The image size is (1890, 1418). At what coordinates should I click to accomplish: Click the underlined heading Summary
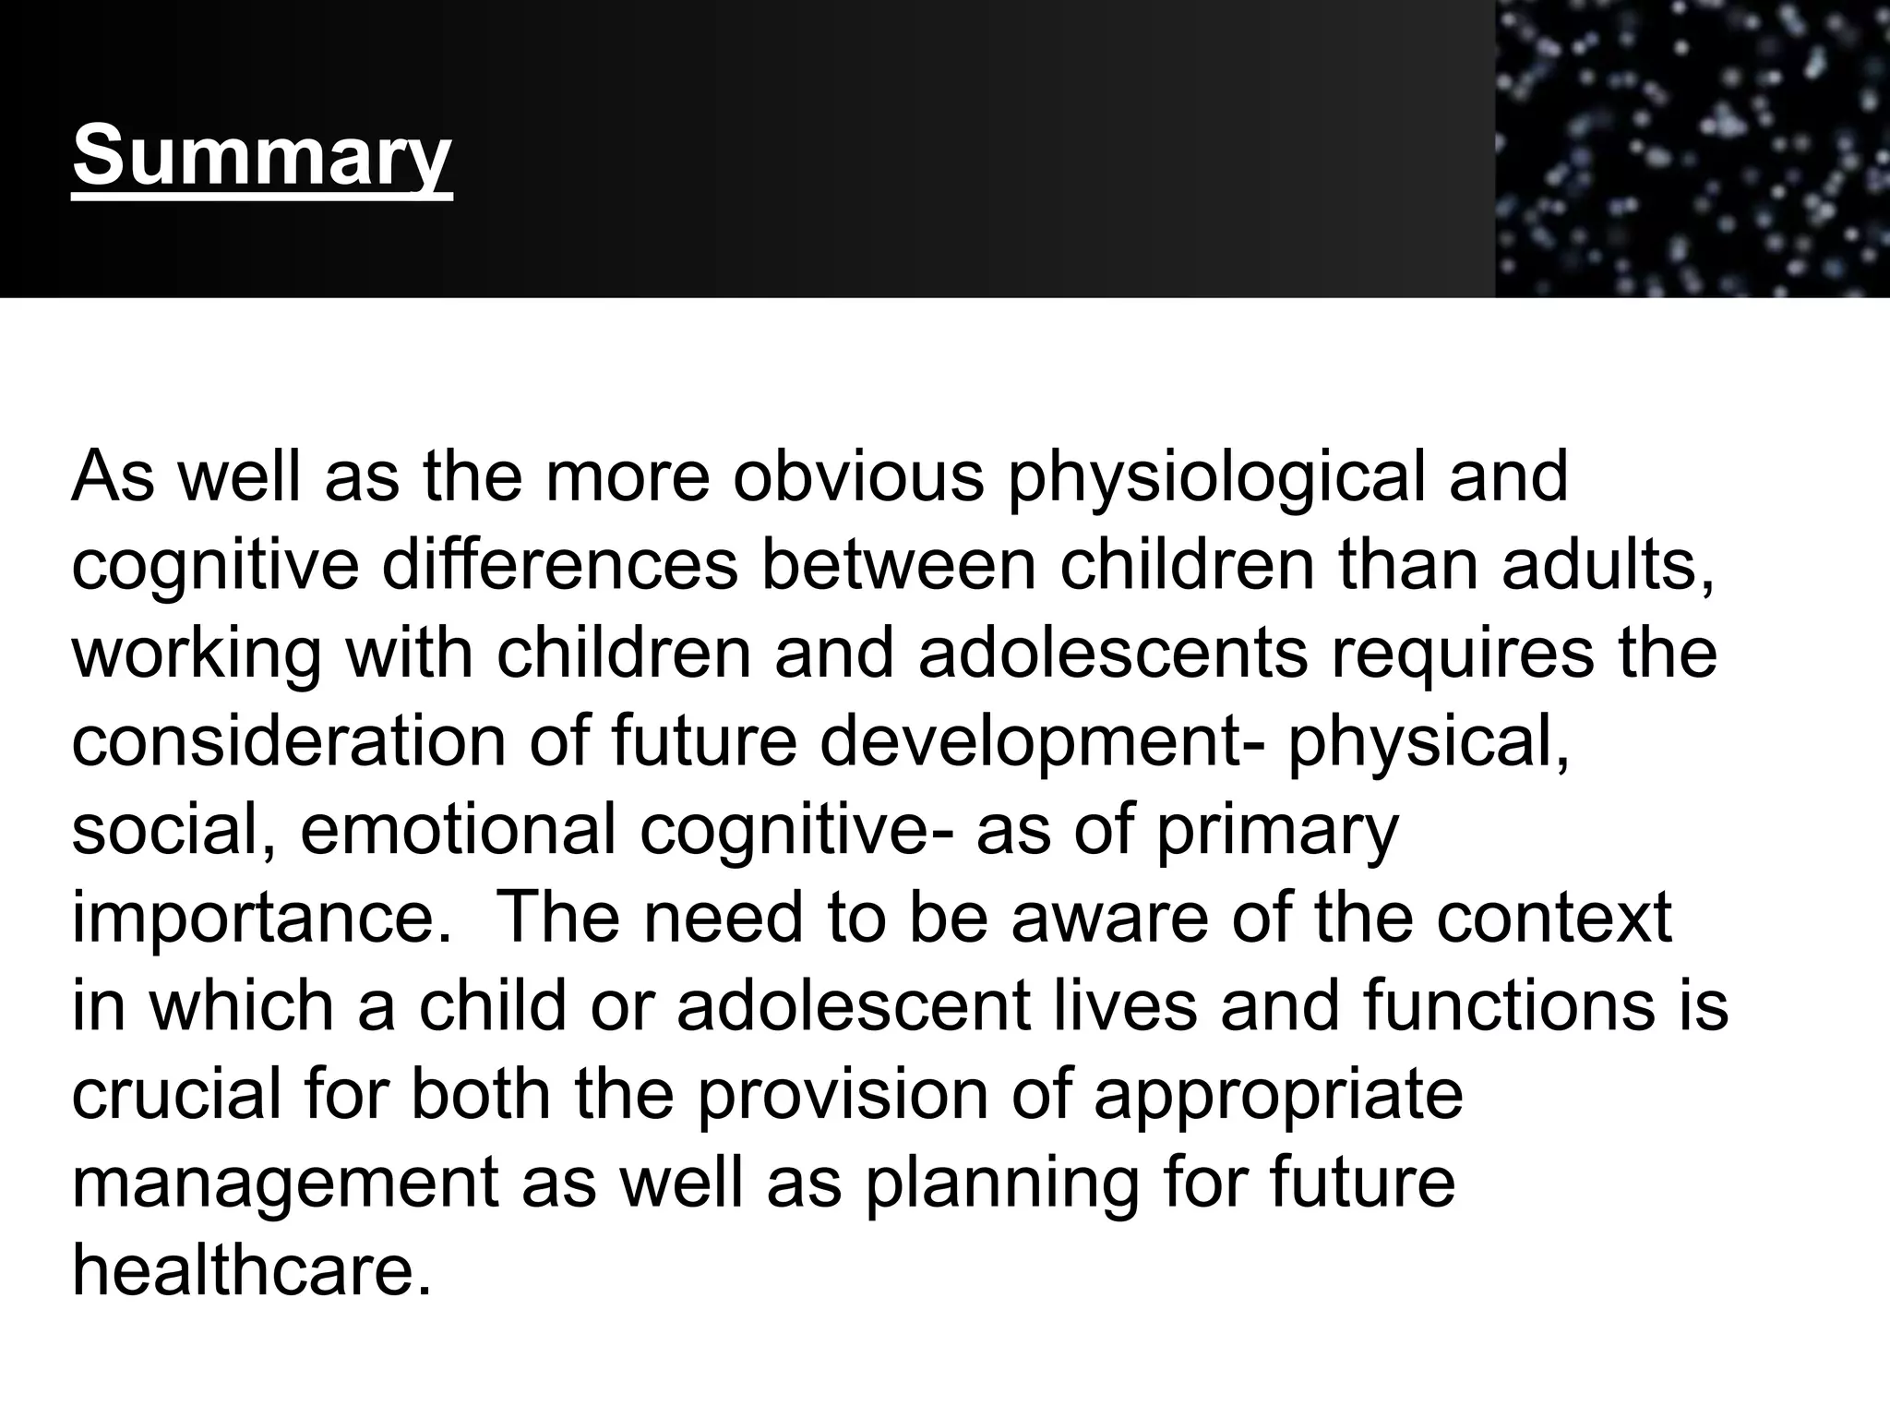[x=262, y=156]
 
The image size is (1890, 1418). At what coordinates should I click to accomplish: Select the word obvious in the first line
[x=858, y=477]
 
